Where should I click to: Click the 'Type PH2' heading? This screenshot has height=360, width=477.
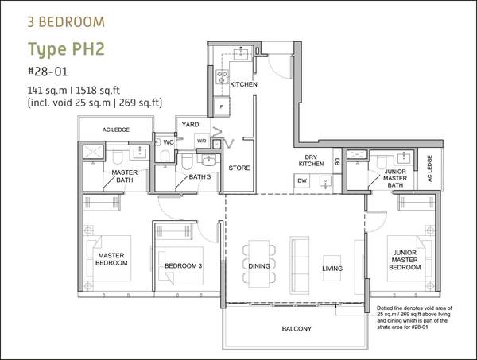click(66, 50)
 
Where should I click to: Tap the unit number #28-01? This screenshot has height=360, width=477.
click(48, 72)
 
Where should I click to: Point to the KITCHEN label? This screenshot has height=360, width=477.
click(243, 84)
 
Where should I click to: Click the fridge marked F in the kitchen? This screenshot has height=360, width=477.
click(222, 106)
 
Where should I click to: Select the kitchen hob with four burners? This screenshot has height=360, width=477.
click(223, 77)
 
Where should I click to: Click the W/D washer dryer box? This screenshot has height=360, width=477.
click(201, 141)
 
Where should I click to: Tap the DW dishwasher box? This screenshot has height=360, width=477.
click(302, 180)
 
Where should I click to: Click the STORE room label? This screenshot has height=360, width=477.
click(239, 168)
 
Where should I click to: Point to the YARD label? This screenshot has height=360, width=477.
click(191, 124)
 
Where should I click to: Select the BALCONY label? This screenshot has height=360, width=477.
click(297, 329)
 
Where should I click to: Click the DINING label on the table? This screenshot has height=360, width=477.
click(259, 266)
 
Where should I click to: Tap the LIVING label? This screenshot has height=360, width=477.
click(332, 269)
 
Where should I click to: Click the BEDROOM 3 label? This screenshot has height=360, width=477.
click(183, 265)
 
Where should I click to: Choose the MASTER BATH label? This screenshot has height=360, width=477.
click(125, 176)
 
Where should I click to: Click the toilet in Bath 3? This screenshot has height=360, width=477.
click(187, 161)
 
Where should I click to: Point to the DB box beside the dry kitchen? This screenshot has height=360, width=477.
click(337, 161)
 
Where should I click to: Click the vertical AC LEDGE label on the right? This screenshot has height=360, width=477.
click(429, 168)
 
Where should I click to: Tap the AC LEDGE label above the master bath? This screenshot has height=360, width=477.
click(116, 130)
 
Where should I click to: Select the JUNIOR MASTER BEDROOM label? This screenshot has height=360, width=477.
click(405, 260)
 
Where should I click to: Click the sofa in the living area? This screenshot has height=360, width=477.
click(300, 264)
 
